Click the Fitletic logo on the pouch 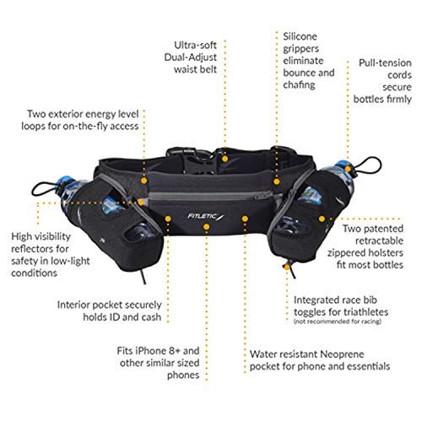206,216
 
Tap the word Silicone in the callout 300,36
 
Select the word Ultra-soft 195,45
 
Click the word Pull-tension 385,62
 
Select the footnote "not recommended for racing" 338,322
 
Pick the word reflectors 40,249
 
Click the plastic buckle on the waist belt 197,161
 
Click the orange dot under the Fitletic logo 207,227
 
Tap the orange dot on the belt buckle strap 225,159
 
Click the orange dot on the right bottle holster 322,219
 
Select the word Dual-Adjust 190,57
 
